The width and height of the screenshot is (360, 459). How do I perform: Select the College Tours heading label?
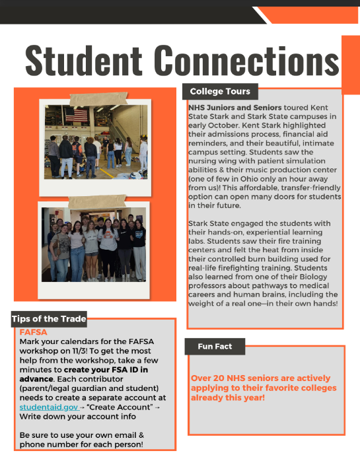tap(220, 92)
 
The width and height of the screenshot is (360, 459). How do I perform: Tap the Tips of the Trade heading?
tap(49, 319)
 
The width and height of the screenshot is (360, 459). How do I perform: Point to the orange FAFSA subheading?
tap(34, 332)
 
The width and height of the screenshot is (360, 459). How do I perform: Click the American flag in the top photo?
tap(78, 116)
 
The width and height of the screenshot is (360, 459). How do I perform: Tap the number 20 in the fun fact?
tap(221, 378)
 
